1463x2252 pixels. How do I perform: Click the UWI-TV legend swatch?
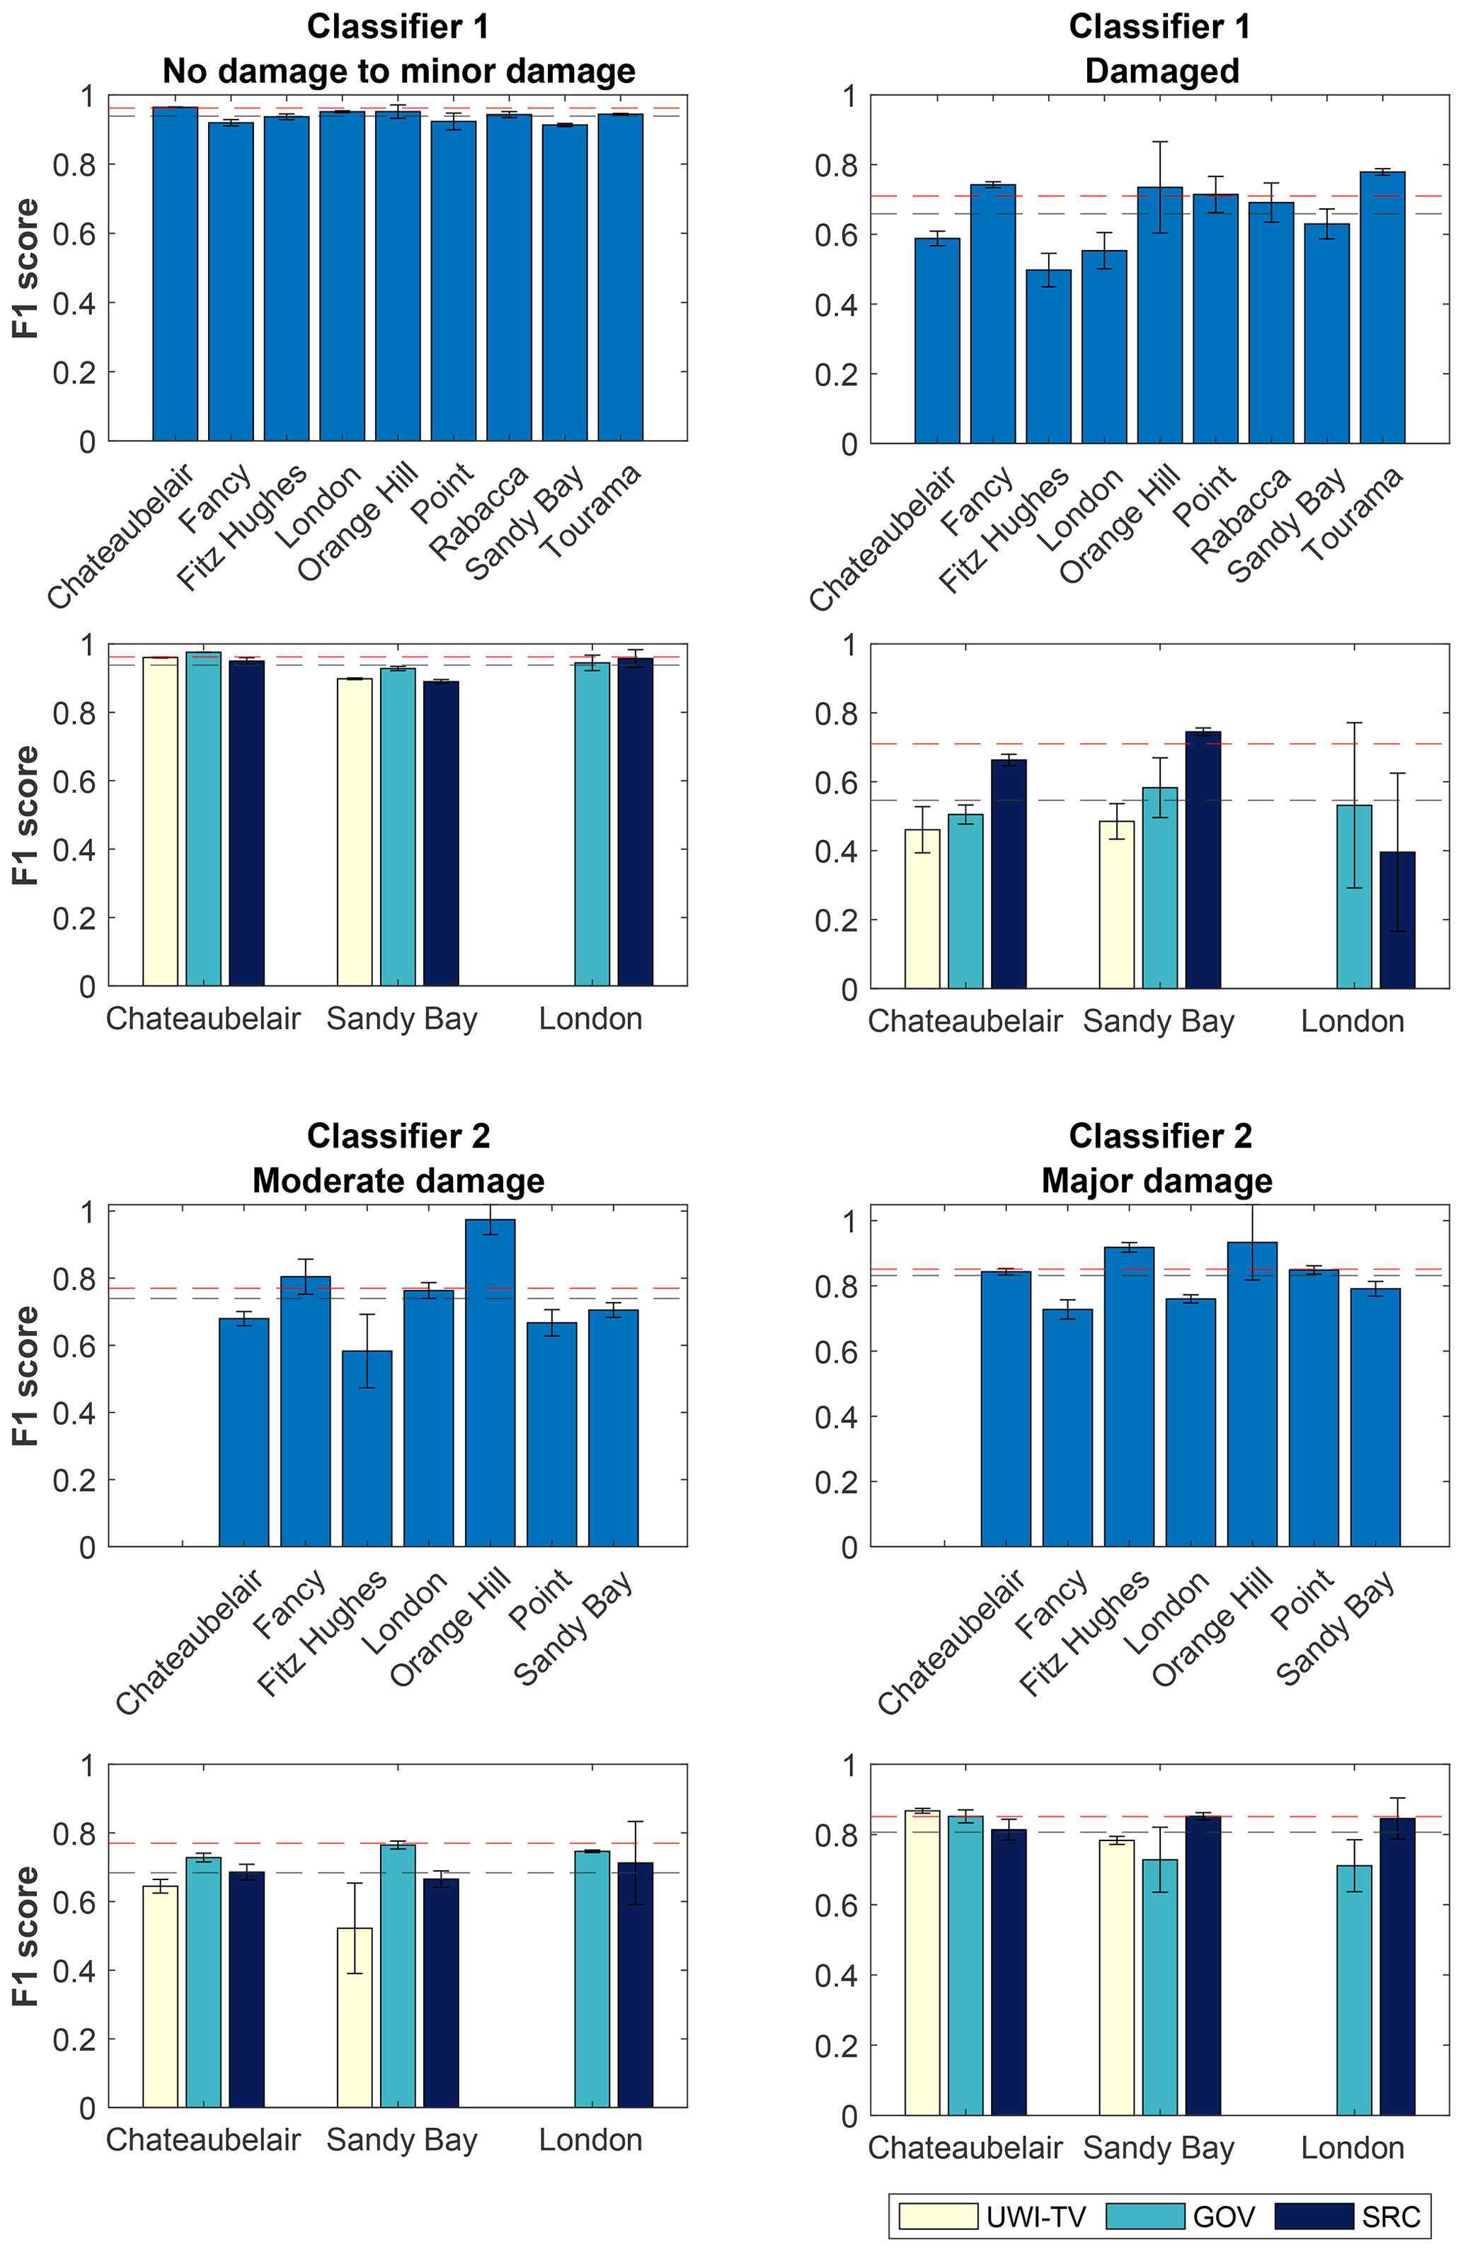[937, 2216]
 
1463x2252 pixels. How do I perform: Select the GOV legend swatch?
[1144, 2216]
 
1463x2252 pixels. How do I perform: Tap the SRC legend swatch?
[1314, 2216]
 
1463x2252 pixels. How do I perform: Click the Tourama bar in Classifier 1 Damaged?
[1382, 307]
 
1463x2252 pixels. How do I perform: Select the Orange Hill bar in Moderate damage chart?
[490, 1382]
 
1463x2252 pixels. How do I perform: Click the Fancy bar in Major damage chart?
[1067, 1428]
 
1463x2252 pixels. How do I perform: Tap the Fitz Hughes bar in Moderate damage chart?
[367, 1449]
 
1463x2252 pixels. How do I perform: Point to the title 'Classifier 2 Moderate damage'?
[398, 1158]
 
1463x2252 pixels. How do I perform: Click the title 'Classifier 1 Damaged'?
[1160, 48]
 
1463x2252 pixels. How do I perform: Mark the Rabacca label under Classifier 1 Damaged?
[1240, 516]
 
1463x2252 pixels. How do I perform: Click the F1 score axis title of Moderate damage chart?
[25, 1376]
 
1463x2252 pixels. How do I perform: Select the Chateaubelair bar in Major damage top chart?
[1005, 1409]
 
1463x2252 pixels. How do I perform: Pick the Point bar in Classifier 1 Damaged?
[1215, 319]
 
